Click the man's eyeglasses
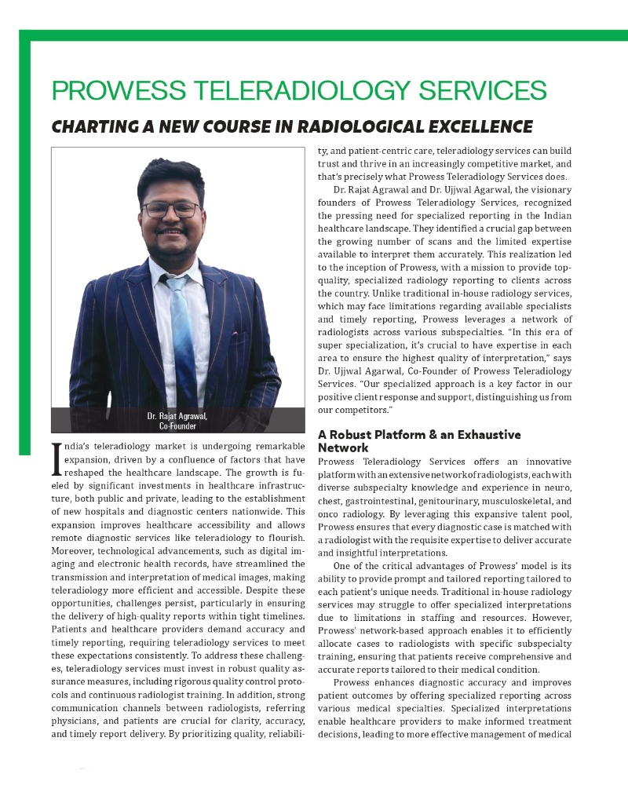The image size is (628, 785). [x=171, y=210]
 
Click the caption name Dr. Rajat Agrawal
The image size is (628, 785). [x=177, y=415]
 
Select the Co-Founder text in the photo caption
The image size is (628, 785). [x=177, y=426]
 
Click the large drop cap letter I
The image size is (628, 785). [x=56, y=458]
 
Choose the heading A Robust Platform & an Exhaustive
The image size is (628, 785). [x=418, y=434]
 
